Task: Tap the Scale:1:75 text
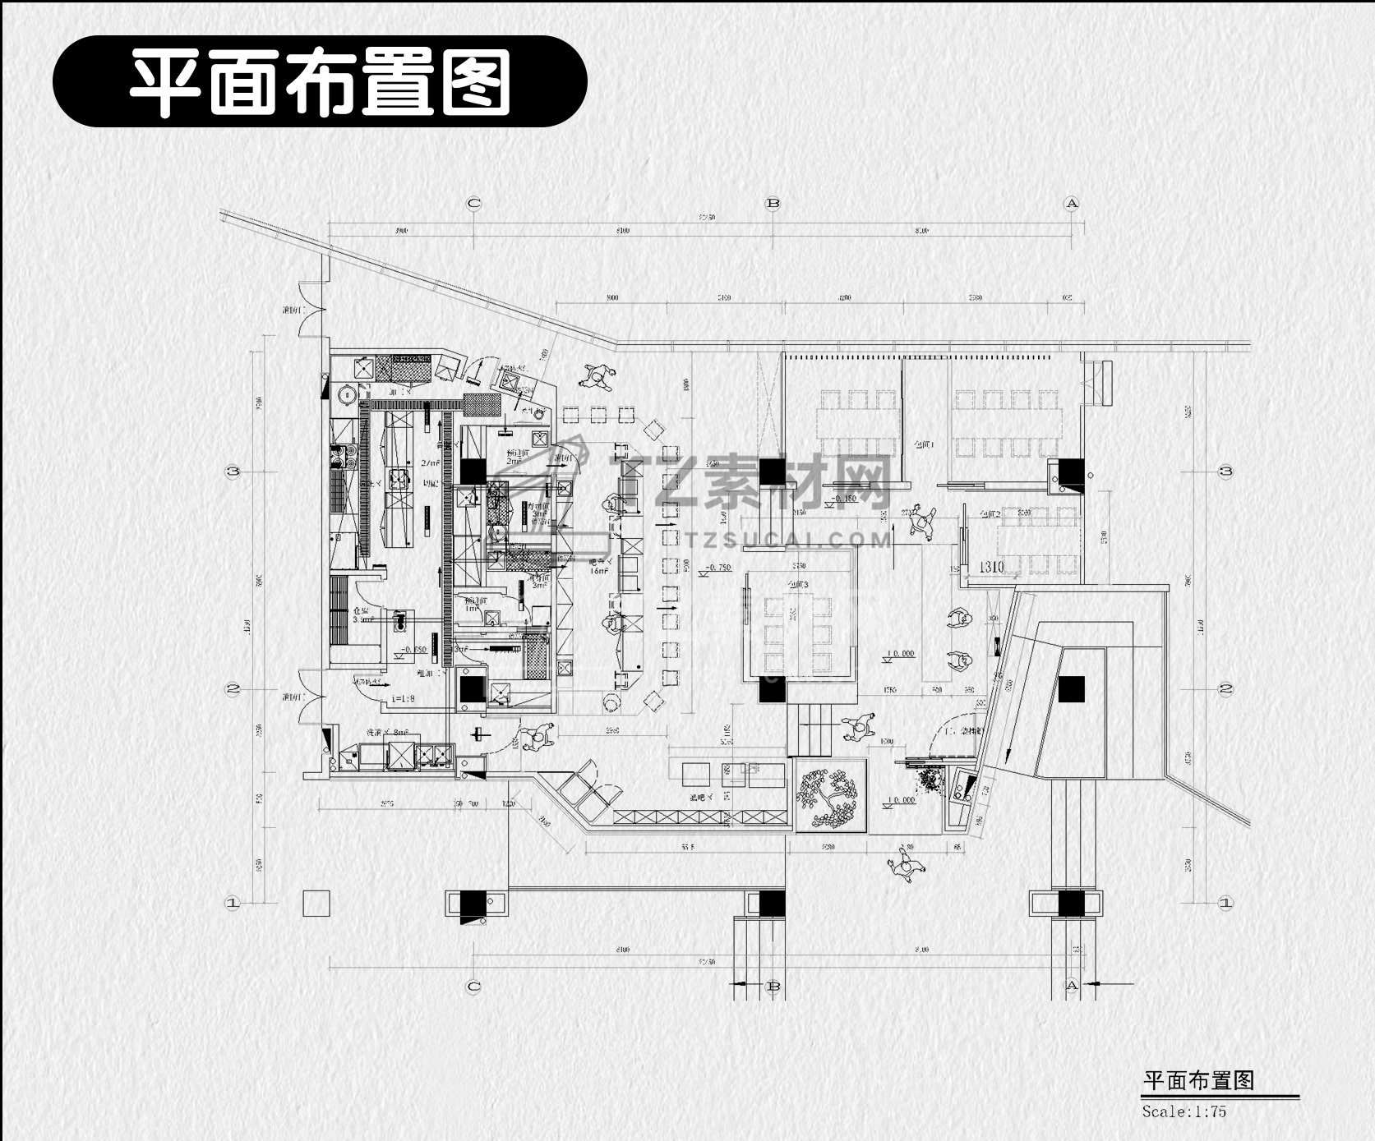point(1184,1111)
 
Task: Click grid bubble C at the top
point(473,203)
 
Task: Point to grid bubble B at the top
point(773,203)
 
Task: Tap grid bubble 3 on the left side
point(233,472)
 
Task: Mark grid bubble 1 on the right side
point(1225,902)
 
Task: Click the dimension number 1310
point(991,567)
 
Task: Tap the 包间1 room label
point(925,444)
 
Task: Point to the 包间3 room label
point(798,585)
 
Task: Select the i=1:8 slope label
point(403,698)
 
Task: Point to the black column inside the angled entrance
point(1071,688)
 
